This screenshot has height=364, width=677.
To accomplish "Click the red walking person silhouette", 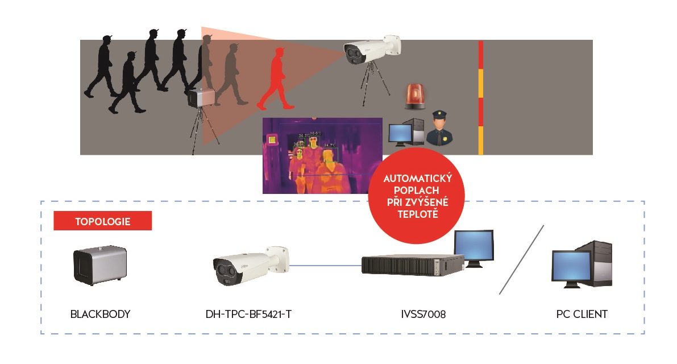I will (275, 80).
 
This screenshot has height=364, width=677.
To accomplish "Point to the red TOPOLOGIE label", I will (102, 221).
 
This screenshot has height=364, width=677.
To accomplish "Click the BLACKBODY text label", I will (100, 314).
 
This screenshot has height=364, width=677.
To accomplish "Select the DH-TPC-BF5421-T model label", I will (248, 314).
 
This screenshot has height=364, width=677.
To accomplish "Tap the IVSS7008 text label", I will (422, 314).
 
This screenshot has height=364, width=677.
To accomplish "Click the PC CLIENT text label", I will (582, 314).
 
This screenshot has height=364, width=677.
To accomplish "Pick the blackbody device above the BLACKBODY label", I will (99, 265).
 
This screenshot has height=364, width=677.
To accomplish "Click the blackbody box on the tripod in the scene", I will (201, 98).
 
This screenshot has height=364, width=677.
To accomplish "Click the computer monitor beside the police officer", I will (400, 133).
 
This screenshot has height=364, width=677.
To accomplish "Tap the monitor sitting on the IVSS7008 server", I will (474, 246).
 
